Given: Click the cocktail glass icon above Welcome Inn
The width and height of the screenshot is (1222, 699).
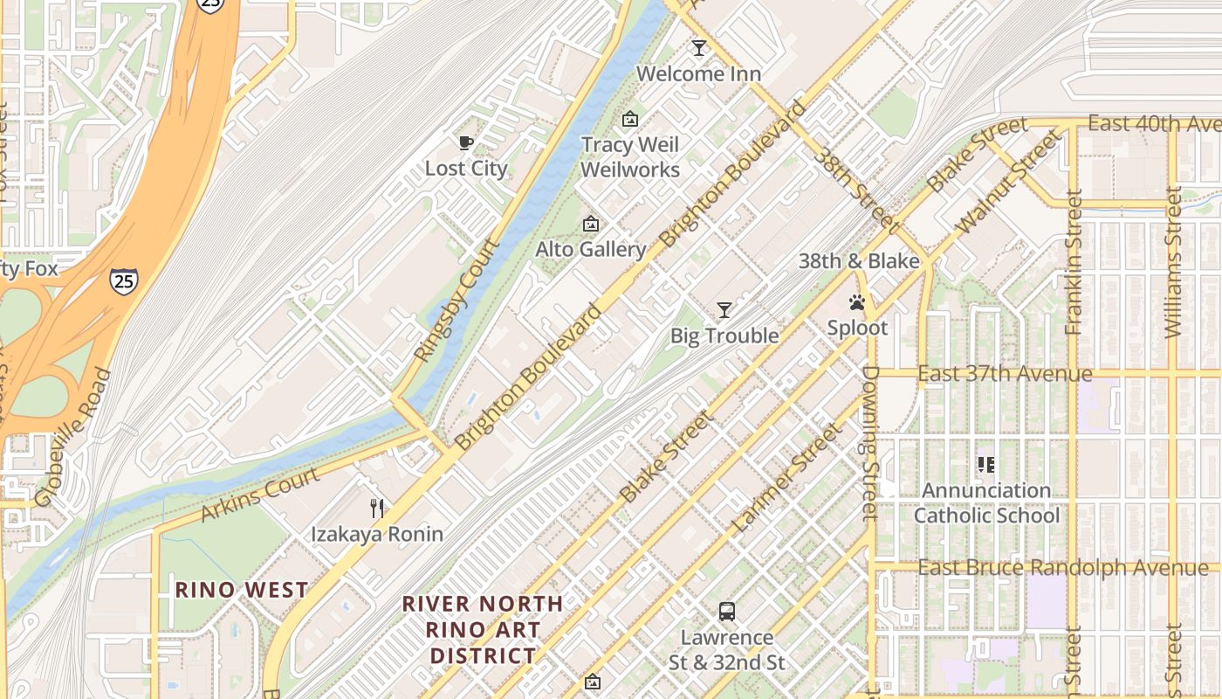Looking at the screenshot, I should [698, 48].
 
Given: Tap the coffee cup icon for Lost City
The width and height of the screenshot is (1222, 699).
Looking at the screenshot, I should [465, 142].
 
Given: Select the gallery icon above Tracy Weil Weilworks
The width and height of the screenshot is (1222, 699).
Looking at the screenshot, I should [629, 119].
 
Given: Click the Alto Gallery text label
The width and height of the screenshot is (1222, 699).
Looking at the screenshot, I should [590, 250].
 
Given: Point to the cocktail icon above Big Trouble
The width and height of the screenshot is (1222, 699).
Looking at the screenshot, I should [724, 310].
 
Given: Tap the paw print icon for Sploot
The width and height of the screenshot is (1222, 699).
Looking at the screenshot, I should [857, 303].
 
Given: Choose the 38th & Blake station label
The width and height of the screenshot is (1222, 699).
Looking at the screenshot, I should [859, 261].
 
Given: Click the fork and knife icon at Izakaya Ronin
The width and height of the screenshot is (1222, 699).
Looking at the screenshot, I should [377, 508].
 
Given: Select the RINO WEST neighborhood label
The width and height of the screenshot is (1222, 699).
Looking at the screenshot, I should [242, 590].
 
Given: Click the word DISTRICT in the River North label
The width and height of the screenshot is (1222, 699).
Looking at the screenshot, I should [483, 655].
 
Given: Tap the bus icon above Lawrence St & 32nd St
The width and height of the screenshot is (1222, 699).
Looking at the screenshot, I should [726, 612].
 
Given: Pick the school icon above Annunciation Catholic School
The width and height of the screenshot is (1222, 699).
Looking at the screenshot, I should [986, 465].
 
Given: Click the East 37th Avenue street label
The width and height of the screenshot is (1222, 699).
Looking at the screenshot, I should [1005, 374].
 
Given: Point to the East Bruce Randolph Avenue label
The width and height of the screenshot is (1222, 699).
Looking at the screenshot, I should [1063, 568].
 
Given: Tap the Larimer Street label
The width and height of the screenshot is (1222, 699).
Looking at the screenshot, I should [787, 479].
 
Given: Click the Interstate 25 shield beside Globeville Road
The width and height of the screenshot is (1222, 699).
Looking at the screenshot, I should [123, 280].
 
